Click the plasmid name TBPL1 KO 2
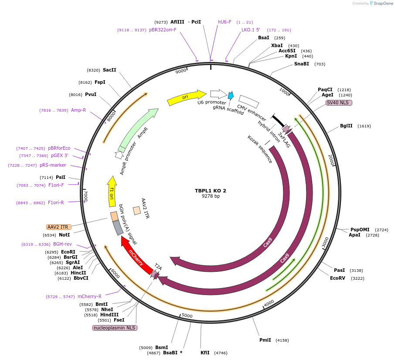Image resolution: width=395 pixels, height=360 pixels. click(210, 191)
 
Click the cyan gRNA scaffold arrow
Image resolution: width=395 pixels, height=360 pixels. click(231, 95)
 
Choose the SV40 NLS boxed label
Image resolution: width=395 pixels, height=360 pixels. click(339, 103)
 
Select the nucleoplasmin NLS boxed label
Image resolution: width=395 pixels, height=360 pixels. click(115, 328)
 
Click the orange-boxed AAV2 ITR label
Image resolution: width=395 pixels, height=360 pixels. click(59, 227)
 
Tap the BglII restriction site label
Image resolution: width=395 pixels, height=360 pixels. click(346, 126)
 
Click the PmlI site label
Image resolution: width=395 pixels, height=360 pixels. click(265, 340)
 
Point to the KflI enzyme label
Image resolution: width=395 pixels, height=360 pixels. click(205, 353)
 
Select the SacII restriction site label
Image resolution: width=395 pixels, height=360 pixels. click(109, 70)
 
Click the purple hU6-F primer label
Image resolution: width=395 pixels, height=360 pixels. click(225, 22)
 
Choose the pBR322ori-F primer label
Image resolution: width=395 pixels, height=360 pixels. click(163, 30)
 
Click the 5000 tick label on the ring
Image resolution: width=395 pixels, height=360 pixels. click(187, 315)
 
